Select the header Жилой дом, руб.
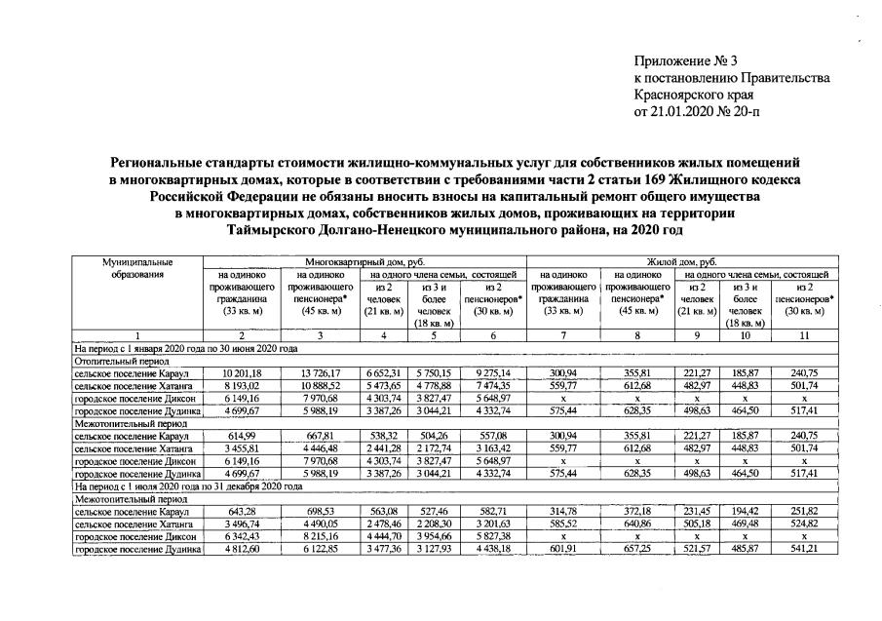678,262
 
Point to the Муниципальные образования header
137,268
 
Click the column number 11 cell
804,335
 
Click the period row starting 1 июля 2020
175,485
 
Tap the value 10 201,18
235,372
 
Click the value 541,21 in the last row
804,548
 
